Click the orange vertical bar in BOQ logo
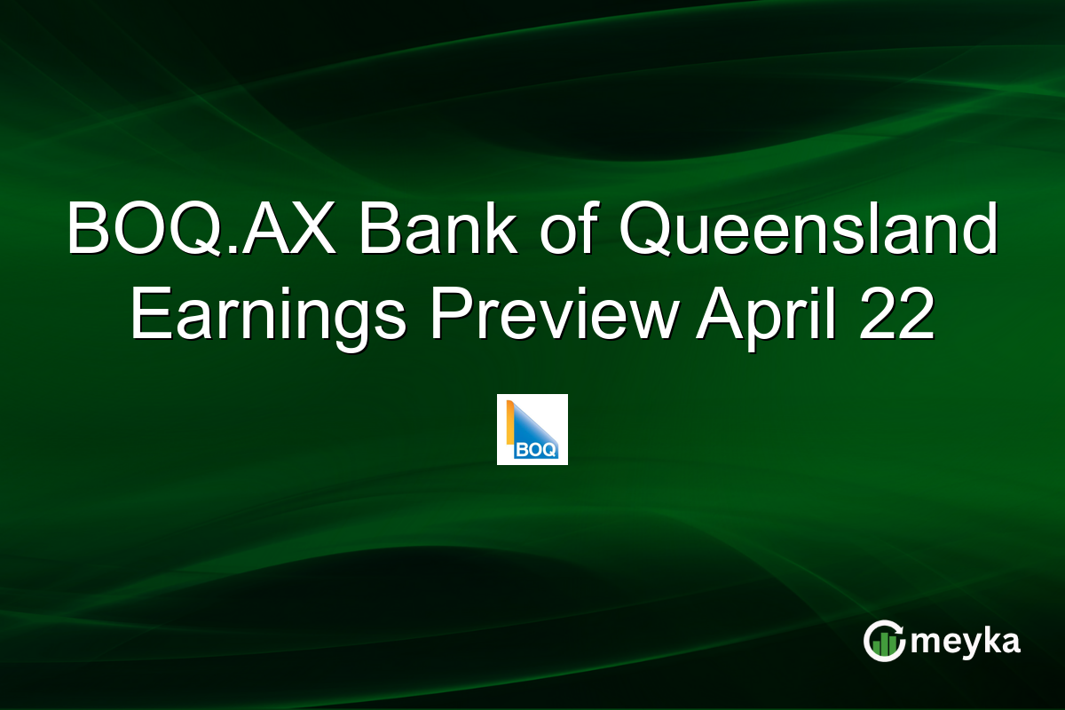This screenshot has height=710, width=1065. click(x=509, y=422)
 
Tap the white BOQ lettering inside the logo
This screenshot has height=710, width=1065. click(x=539, y=450)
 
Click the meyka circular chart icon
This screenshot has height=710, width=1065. click(x=883, y=641)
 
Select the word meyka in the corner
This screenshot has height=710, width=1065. click(x=965, y=642)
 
